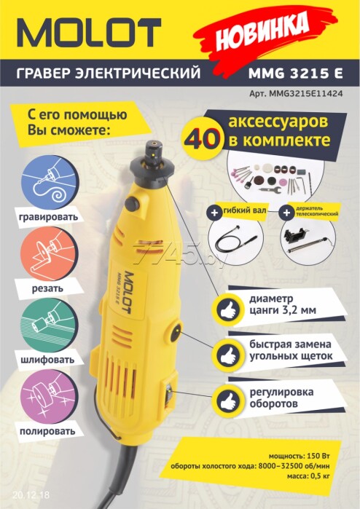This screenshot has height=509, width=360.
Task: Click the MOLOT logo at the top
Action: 89,33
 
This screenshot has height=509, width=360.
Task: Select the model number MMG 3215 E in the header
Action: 295,73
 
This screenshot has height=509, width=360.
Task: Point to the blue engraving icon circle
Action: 50,182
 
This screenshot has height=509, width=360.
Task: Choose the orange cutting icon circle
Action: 50,254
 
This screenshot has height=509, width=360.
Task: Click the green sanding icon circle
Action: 50,326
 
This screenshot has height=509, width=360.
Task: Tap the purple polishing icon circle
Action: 50,397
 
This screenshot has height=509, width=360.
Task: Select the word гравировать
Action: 49,217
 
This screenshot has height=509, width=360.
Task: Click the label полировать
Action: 47,431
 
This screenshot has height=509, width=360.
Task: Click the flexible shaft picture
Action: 235,240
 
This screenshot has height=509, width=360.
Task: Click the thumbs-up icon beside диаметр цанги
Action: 228,310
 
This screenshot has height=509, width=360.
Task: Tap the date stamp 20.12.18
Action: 31,495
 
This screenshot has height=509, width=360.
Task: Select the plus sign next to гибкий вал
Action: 214,213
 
